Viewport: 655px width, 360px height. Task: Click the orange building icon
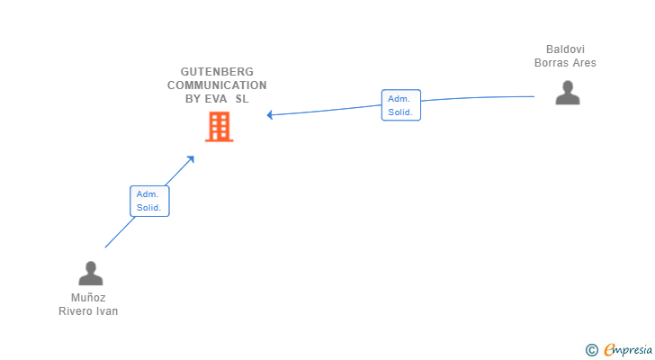(219, 127)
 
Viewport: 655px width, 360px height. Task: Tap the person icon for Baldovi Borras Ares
(567, 93)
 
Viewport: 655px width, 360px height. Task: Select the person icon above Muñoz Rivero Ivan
(90, 273)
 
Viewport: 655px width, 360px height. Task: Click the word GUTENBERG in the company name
(217, 71)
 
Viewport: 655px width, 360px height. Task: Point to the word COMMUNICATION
(217, 85)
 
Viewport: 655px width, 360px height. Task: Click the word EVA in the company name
(218, 99)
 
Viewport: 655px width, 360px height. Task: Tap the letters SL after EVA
(242, 99)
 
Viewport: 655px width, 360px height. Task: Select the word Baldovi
(565, 49)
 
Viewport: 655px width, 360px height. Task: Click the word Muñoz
(89, 297)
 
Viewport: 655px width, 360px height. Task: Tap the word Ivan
(107, 311)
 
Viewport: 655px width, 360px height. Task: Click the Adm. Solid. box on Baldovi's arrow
(400, 105)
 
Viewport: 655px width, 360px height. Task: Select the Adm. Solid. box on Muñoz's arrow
(148, 201)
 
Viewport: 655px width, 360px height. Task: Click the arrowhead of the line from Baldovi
(269, 114)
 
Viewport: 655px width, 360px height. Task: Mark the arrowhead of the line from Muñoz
(191, 158)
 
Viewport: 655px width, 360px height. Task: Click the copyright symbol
(591, 350)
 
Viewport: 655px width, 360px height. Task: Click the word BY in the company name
(193, 99)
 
